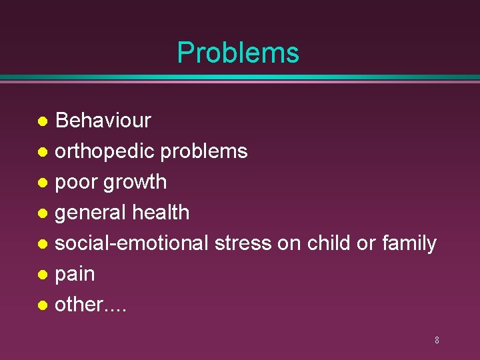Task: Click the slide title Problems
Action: pos(238,53)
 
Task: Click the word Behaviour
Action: pos(103,121)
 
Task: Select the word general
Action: pos(90,213)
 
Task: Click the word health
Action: pos(161,213)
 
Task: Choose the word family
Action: pos(409,244)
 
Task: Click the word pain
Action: pos(75,274)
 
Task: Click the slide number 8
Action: pos(437,340)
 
